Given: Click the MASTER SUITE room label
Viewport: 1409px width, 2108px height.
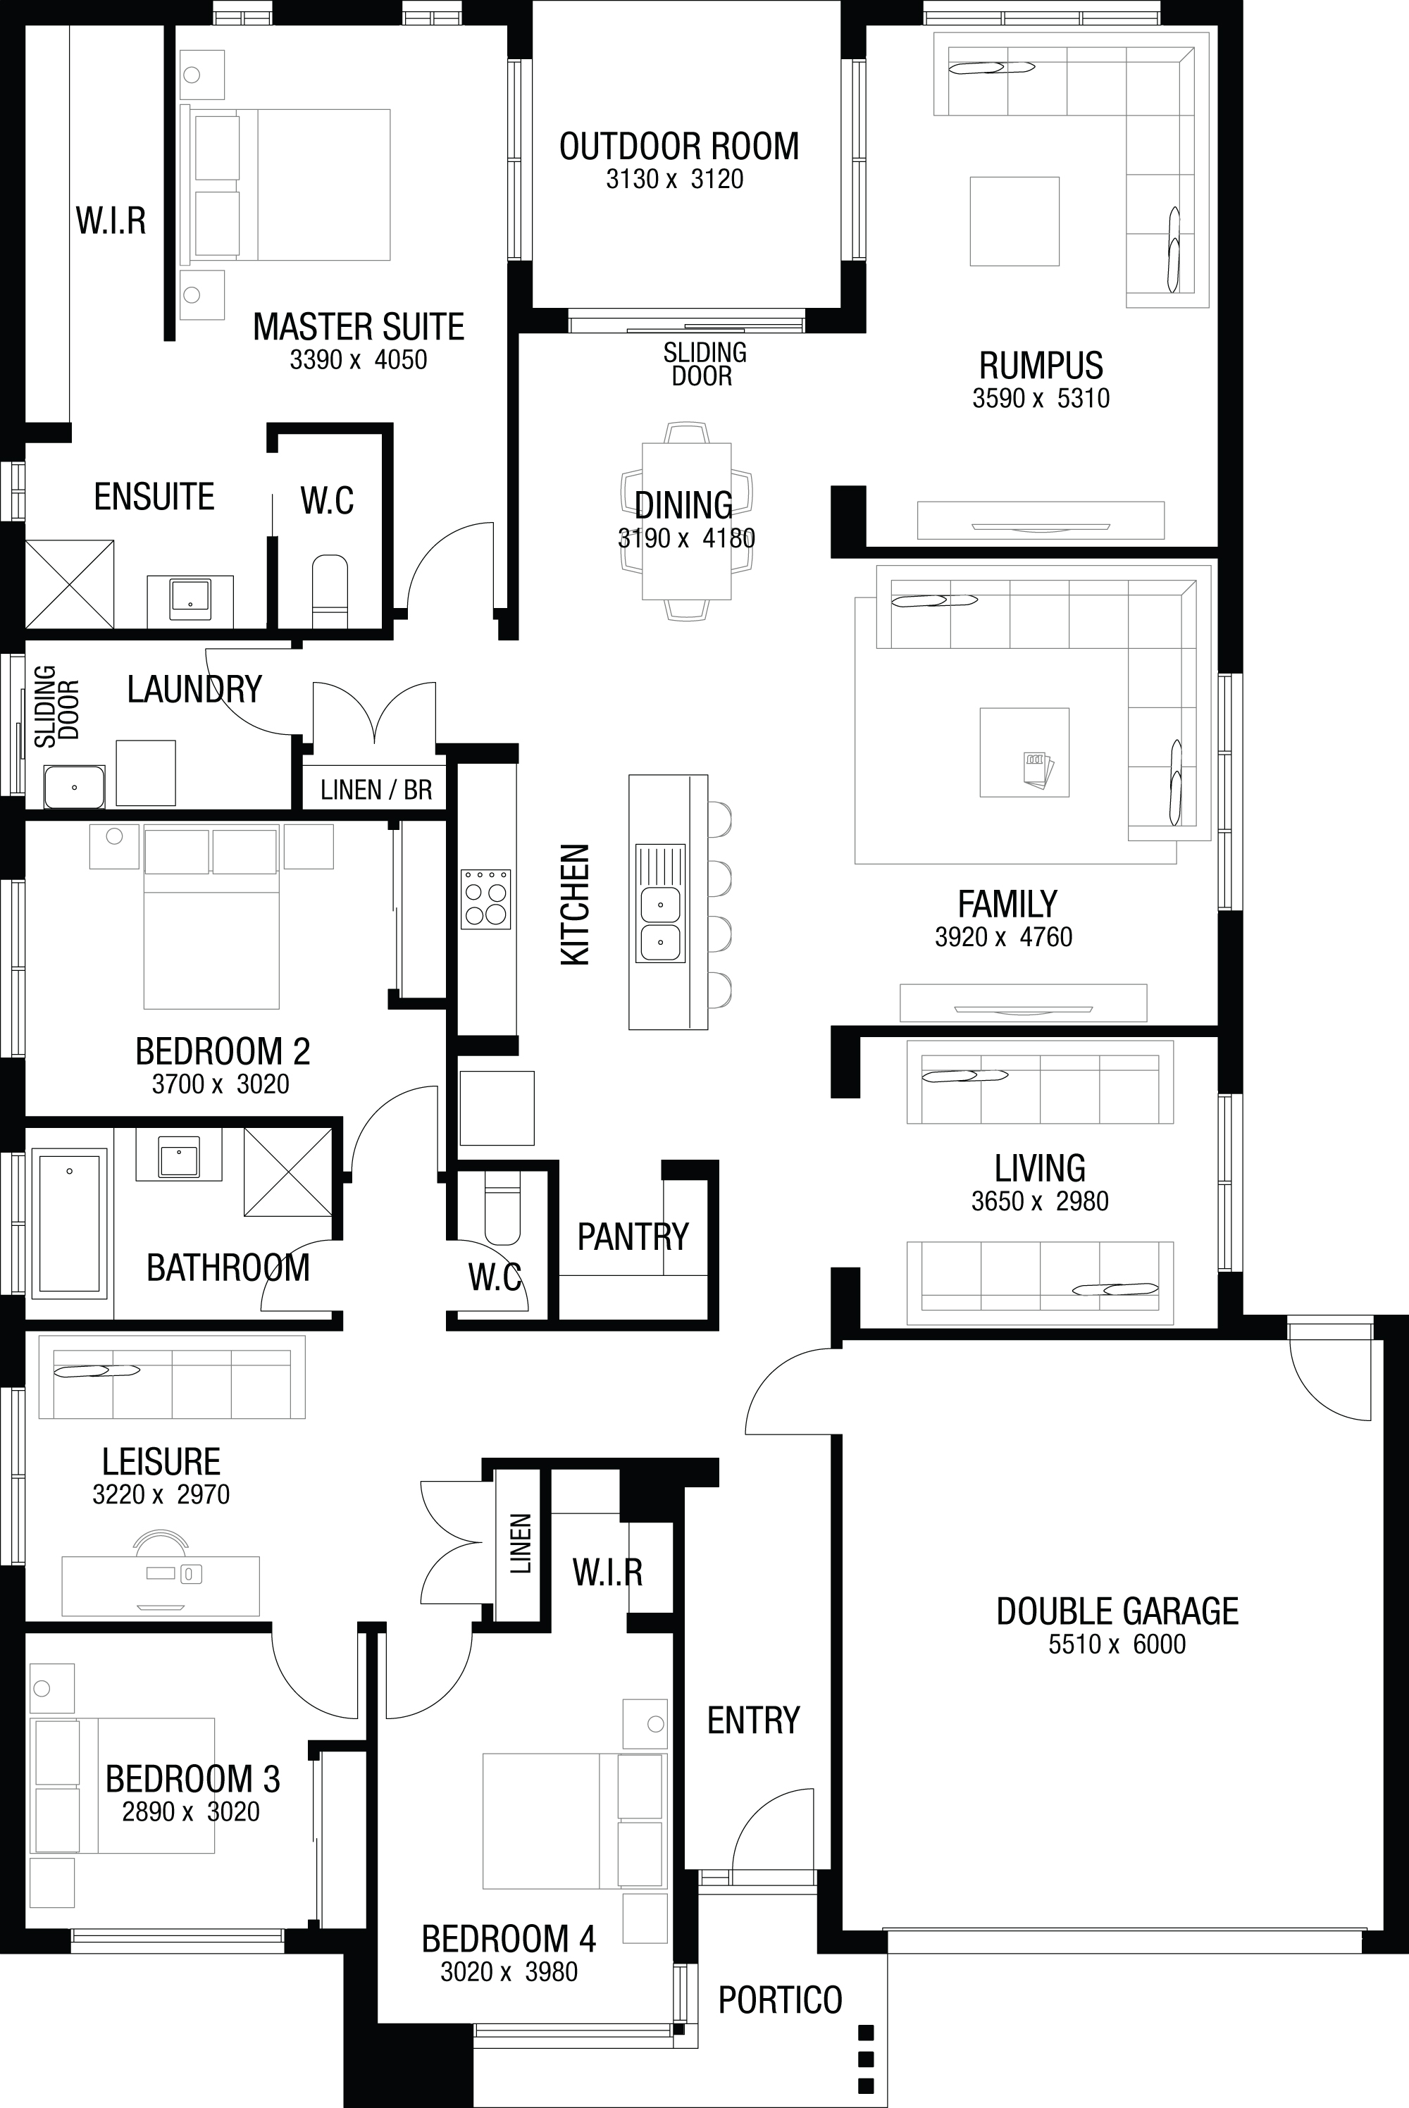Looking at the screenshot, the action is coord(359,327).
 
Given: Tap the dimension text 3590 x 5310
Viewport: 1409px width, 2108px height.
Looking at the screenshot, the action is coord(1041,398).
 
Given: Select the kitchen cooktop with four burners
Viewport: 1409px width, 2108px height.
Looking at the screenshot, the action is coord(486,898).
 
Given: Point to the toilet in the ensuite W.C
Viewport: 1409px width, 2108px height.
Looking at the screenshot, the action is coord(329,590).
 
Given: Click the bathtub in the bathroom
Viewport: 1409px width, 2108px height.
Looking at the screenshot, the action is coord(69,1223).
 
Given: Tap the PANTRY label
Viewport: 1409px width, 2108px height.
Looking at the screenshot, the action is coord(633,1236).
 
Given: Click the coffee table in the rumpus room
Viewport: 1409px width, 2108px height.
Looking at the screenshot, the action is coord(1014,221).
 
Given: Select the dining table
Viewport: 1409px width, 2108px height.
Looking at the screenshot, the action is coord(686,521).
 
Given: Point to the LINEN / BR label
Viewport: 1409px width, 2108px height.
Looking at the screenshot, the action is coord(376,790).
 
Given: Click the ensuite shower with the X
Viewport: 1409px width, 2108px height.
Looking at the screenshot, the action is coord(69,584).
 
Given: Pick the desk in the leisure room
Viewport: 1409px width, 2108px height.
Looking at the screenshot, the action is coord(161,1586).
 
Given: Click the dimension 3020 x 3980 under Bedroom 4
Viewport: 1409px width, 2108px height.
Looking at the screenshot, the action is coord(509,1971).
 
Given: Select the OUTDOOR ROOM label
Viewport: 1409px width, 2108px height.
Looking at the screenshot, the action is coord(679,147).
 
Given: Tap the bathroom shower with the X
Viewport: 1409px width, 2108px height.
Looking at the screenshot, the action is coord(287,1172).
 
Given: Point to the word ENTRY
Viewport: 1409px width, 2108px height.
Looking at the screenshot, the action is coord(753,1720).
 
